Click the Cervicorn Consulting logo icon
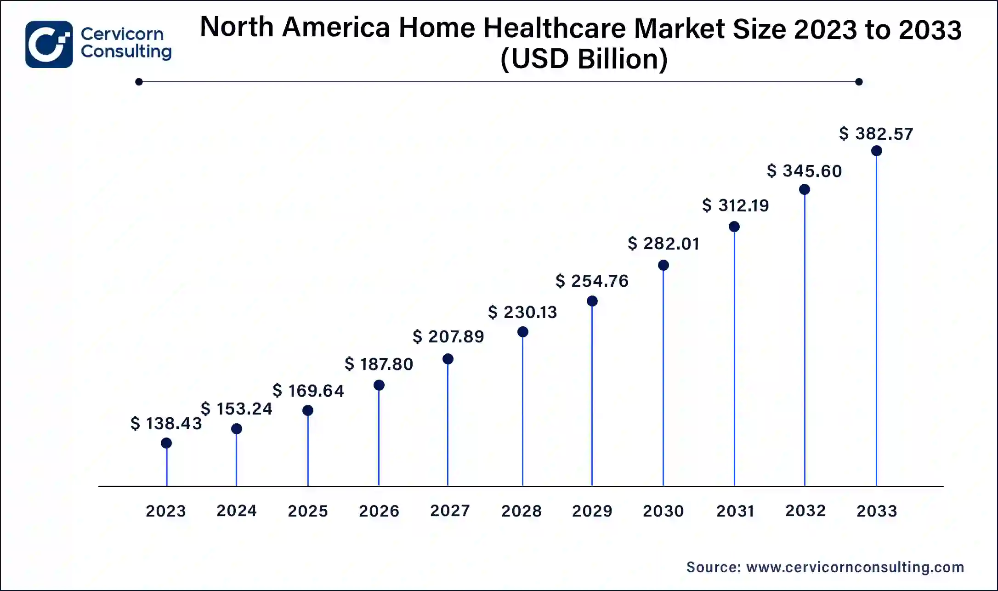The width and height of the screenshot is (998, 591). (49, 44)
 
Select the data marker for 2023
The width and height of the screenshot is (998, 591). (166, 443)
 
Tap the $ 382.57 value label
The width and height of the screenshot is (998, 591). (876, 134)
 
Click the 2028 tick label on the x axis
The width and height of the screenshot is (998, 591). (521, 511)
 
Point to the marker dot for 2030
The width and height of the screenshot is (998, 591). (663, 265)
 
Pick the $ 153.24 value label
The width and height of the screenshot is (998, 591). (237, 409)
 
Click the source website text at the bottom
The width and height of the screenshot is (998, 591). (825, 567)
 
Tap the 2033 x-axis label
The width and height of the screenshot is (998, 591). (876, 511)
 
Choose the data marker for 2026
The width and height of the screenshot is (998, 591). (379, 385)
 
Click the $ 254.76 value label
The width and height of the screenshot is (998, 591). (592, 281)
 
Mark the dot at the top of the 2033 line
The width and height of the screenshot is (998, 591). (876, 151)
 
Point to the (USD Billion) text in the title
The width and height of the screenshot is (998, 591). (584, 59)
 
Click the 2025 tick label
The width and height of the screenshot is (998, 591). (307, 511)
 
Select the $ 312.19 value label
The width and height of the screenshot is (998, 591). (735, 205)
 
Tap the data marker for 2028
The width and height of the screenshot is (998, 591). (522, 332)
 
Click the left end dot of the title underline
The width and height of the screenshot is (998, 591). (139, 82)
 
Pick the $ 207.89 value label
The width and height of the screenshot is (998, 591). (448, 336)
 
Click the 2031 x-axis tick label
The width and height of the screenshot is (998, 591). (735, 511)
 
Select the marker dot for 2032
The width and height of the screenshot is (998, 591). (804, 189)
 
